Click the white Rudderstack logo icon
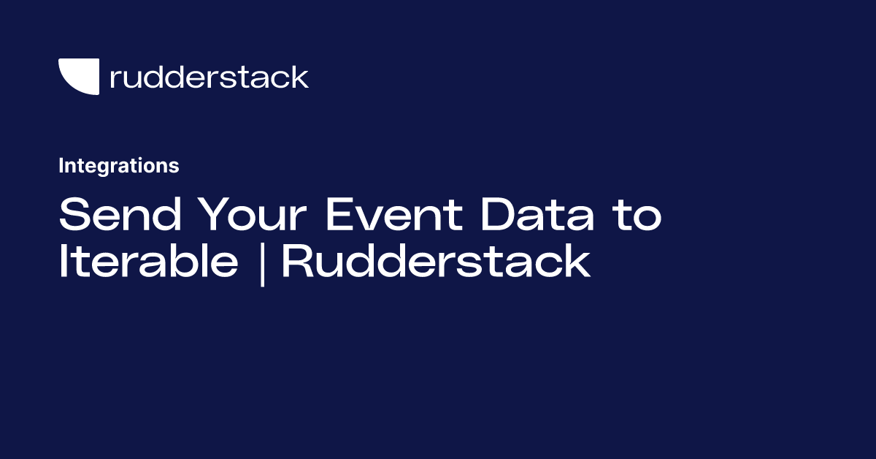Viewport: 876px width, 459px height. (x=78, y=75)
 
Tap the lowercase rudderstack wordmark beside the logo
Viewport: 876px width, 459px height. (x=209, y=77)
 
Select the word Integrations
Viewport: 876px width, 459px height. (x=118, y=166)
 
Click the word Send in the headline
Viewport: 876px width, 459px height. (x=112, y=215)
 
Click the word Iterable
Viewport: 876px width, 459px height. (x=148, y=262)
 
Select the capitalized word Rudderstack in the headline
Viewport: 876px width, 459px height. (x=436, y=262)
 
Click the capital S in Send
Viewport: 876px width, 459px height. (x=72, y=215)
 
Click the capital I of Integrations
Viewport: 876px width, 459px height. (x=61, y=166)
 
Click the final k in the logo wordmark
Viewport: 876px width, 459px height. (x=300, y=77)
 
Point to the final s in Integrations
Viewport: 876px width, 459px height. (x=175, y=167)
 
